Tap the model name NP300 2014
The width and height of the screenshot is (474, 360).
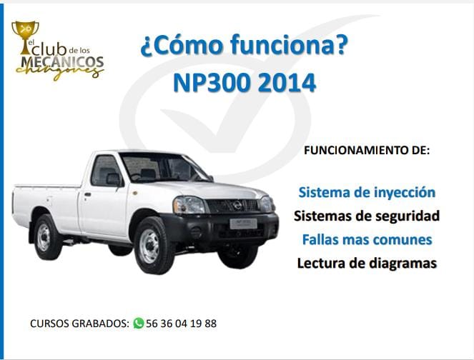[244, 82]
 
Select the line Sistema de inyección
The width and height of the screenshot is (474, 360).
[366, 192]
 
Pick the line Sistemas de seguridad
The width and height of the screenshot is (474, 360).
[366, 216]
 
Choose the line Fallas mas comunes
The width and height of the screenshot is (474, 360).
[366, 239]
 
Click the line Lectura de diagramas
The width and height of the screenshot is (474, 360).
[366, 263]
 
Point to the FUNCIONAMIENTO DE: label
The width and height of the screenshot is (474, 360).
[367, 151]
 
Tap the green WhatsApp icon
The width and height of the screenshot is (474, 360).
[139, 323]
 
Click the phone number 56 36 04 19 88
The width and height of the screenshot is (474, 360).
[181, 323]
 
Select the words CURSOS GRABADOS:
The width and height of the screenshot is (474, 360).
[79, 323]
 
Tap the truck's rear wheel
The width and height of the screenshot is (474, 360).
[46, 236]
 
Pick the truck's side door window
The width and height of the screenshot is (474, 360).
[105, 170]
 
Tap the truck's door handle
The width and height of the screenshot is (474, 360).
[87, 194]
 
